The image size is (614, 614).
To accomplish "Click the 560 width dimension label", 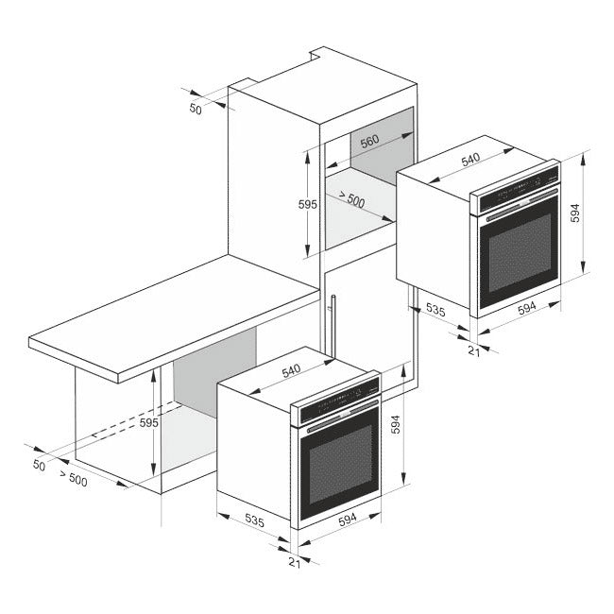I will [x=369, y=141].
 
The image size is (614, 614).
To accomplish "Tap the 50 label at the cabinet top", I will [x=196, y=109].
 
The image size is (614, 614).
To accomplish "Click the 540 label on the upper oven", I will [x=471, y=160].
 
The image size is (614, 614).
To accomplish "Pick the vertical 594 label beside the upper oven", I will [x=574, y=213].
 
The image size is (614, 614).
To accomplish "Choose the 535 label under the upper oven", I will [x=435, y=309].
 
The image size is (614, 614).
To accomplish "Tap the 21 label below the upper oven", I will [x=473, y=350].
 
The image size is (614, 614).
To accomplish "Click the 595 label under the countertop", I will [x=149, y=423].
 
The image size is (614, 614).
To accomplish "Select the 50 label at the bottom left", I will [x=39, y=465].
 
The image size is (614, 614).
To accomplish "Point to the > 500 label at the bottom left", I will [x=73, y=479].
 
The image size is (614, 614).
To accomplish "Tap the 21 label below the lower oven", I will [x=294, y=563].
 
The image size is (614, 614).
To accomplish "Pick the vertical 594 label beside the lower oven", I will [x=396, y=427].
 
